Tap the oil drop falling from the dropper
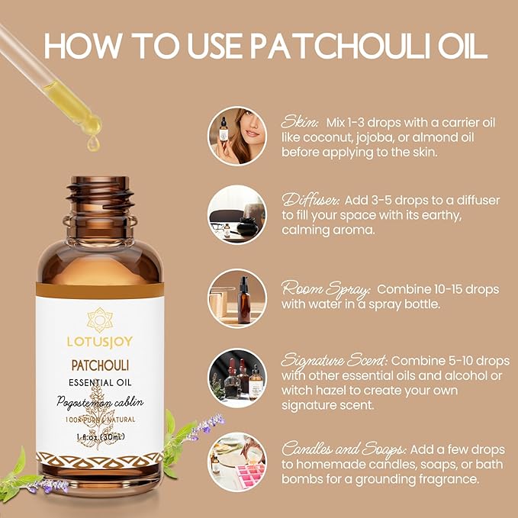point(93,141)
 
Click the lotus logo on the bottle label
point(99,319)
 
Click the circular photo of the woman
point(237,135)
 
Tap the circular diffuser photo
point(237,214)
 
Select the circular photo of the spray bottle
point(237,298)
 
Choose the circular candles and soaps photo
point(237,462)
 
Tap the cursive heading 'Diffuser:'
point(310,200)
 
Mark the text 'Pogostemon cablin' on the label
point(99,402)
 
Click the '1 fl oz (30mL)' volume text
point(99,437)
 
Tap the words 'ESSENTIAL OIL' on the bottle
point(99,384)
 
